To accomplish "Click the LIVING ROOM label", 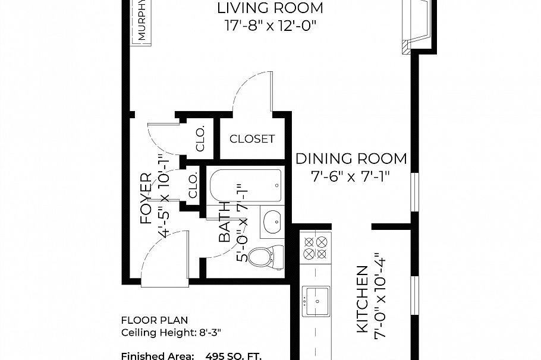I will (x=270, y=8).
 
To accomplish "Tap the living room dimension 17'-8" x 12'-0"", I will (x=270, y=26).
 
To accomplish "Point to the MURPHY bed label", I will (x=143, y=20).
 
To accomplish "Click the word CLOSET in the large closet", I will (x=252, y=139).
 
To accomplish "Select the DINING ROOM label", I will (x=351, y=159).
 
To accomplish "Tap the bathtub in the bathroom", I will (x=245, y=185).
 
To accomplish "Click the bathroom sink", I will (x=273, y=221).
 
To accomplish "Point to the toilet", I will (x=261, y=257).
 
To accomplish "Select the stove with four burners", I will (x=315, y=248).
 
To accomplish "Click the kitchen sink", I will (x=316, y=301).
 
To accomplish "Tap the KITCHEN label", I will (x=361, y=300).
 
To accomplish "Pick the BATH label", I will (x=225, y=225).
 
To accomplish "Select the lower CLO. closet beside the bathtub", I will (x=193, y=186).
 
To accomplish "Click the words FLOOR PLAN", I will (x=146, y=320).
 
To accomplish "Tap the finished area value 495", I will (x=215, y=356).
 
